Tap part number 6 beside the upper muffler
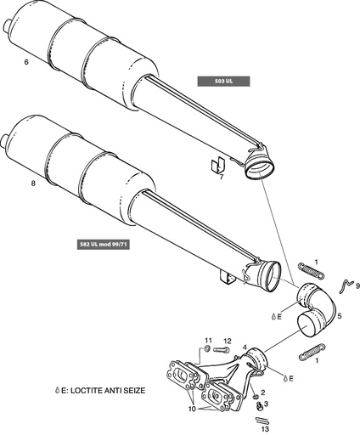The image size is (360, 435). pos(27,63)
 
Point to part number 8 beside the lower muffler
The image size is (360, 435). pos(33,182)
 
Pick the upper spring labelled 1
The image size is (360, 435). pos(311,272)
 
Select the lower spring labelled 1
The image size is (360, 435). pos(312,348)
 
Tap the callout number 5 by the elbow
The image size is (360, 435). pos(339,316)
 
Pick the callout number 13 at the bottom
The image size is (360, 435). pos(265,430)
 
